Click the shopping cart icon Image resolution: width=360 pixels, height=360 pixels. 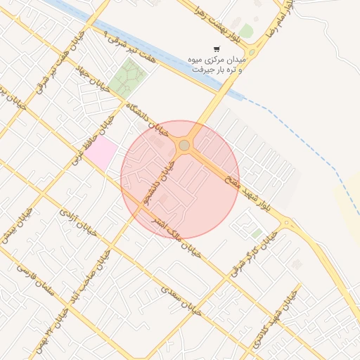point(217,49)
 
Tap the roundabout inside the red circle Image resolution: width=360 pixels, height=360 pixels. point(184,145)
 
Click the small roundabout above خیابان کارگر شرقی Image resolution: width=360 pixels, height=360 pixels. point(286,224)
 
